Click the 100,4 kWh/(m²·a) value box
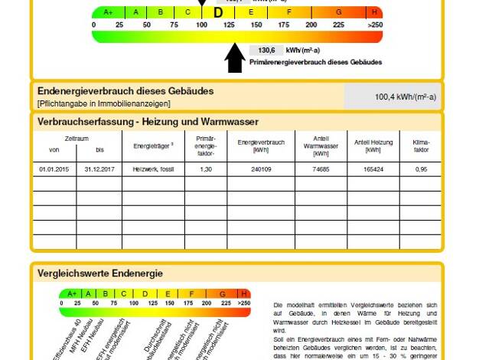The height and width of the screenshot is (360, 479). coord(392,97)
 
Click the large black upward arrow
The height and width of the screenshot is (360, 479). coord(235,57)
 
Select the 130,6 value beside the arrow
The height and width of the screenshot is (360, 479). coord(266,50)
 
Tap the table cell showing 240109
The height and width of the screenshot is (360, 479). coord(260,168)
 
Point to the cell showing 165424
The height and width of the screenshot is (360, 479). coord(373,168)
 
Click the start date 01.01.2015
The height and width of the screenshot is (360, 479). coord(54,168)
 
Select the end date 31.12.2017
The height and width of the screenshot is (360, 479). coord(99,168)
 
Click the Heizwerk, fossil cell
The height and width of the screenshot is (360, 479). coord(153,168)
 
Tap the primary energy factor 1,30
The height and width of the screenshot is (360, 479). coord(205,168)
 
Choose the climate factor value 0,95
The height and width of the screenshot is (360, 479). coord(420,168)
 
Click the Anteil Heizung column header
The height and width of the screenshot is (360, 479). coord(373,146)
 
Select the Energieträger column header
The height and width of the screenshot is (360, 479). coord(153,146)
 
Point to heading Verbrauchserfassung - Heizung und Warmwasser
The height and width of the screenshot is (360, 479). coord(148,122)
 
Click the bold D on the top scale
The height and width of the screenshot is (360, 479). coord(218,12)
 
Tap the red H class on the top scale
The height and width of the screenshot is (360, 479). coord(374,12)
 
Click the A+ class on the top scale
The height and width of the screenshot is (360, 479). coord(108,12)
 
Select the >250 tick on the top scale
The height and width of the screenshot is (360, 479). coord(374,25)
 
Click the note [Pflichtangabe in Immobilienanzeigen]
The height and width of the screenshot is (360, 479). coord(103,103)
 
